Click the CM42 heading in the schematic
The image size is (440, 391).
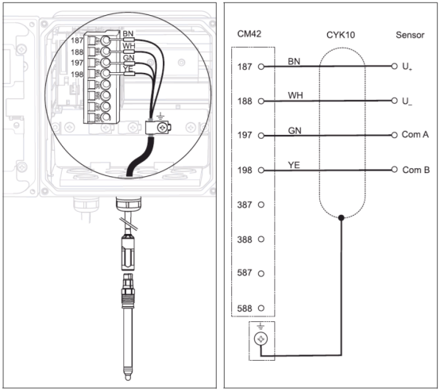click(x=249, y=34)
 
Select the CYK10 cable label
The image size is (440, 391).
click(x=341, y=35)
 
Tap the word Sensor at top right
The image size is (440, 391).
click(x=410, y=35)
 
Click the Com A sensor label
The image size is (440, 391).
click(x=415, y=135)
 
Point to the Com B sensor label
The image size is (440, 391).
click(x=416, y=170)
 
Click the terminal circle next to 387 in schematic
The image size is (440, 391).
click(x=261, y=205)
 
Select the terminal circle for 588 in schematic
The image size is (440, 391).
click(x=261, y=308)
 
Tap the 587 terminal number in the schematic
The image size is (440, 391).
click(x=245, y=273)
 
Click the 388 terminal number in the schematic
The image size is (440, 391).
click(x=245, y=240)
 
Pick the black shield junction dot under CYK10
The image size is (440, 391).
click(x=342, y=217)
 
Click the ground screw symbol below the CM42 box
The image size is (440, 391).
click(x=261, y=339)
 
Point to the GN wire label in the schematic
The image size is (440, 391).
click(x=295, y=131)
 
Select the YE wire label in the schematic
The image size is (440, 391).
click(x=294, y=165)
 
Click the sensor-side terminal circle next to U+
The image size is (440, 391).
click(x=394, y=66)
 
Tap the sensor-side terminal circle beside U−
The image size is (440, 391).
click(x=394, y=101)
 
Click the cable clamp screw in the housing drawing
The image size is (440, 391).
click(x=163, y=128)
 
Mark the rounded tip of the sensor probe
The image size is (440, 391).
click(x=128, y=378)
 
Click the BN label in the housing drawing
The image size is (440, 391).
click(x=128, y=33)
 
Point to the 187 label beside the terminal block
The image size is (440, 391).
click(x=77, y=40)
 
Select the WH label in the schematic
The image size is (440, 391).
click(x=295, y=96)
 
